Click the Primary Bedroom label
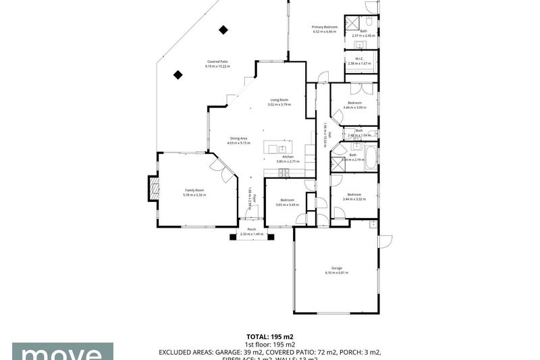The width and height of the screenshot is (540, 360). point(325,27)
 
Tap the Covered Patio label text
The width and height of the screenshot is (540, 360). point(217,62)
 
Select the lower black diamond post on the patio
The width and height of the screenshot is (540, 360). point(179,75)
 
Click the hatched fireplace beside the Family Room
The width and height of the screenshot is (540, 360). point(153,190)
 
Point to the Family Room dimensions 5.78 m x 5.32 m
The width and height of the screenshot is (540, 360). point(195,195)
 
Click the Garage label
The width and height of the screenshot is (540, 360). point(336,268)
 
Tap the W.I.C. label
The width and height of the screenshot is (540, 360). point(355,58)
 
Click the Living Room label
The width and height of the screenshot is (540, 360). point(279,100)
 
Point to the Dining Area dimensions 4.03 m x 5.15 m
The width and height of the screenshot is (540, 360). point(239,143)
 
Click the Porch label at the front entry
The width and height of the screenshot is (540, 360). point(251,230)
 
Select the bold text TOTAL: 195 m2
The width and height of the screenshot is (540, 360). point(269,336)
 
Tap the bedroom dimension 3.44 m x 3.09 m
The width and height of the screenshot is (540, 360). point(354,107)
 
